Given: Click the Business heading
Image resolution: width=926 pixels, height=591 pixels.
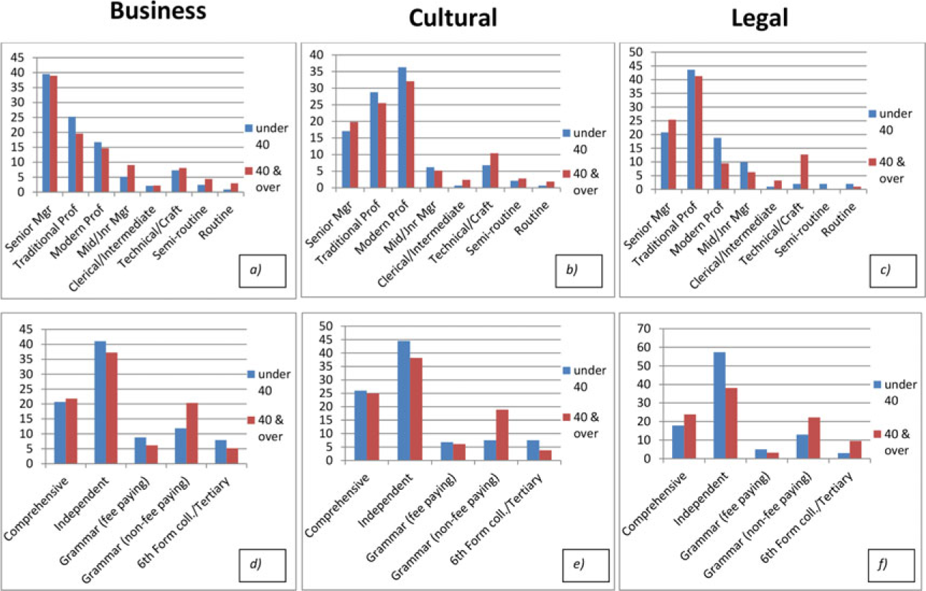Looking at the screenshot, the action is [x=158, y=11].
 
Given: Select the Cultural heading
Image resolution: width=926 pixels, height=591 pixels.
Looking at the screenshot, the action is [x=453, y=18].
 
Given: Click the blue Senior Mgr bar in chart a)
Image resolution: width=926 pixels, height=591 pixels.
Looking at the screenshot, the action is [x=46, y=133].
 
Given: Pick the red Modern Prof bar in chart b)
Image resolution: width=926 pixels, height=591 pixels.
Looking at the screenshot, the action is [x=410, y=135].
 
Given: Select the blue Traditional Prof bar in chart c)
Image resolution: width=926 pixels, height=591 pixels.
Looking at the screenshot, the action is [x=691, y=130].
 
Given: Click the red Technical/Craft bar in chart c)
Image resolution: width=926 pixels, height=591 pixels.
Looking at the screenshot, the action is [x=804, y=172].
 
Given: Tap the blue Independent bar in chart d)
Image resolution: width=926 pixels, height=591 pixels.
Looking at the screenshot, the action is [x=100, y=402].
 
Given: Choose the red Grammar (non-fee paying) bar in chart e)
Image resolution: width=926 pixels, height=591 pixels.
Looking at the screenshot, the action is [x=502, y=435].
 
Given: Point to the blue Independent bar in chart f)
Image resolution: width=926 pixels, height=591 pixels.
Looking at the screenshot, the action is [x=719, y=405].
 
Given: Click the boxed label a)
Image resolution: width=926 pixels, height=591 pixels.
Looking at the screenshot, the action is [x=263, y=270].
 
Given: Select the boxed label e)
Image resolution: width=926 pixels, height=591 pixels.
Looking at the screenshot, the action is [x=586, y=565].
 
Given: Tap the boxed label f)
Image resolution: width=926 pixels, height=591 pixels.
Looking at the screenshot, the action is [x=891, y=565].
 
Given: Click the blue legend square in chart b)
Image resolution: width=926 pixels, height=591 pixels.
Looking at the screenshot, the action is [x=567, y=133].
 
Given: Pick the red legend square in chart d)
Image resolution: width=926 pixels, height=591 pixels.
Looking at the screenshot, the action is [x=251, y=420].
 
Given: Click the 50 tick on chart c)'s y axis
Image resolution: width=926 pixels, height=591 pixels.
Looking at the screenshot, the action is [x=636, y=52].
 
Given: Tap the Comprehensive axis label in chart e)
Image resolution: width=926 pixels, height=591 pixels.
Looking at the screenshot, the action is [x=336, y=506].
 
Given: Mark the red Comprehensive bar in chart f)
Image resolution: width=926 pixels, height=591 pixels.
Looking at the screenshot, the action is [x=690, y=436].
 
